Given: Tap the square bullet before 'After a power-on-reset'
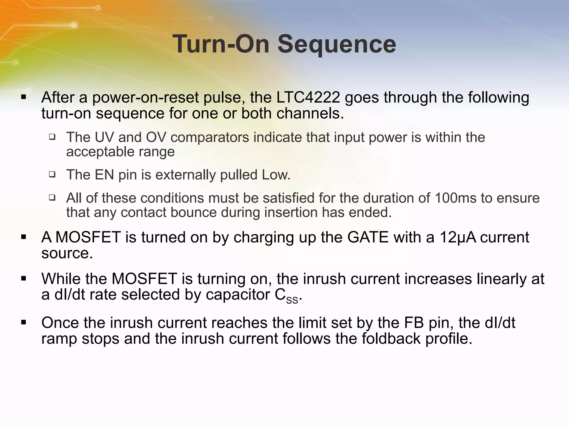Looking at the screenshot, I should [x=24, y=97].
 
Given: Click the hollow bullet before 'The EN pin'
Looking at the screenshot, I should [x=52, y=175].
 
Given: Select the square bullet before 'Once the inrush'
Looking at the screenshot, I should [x=24, y=322].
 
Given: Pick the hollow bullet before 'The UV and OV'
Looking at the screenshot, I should [x=52, y=137].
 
